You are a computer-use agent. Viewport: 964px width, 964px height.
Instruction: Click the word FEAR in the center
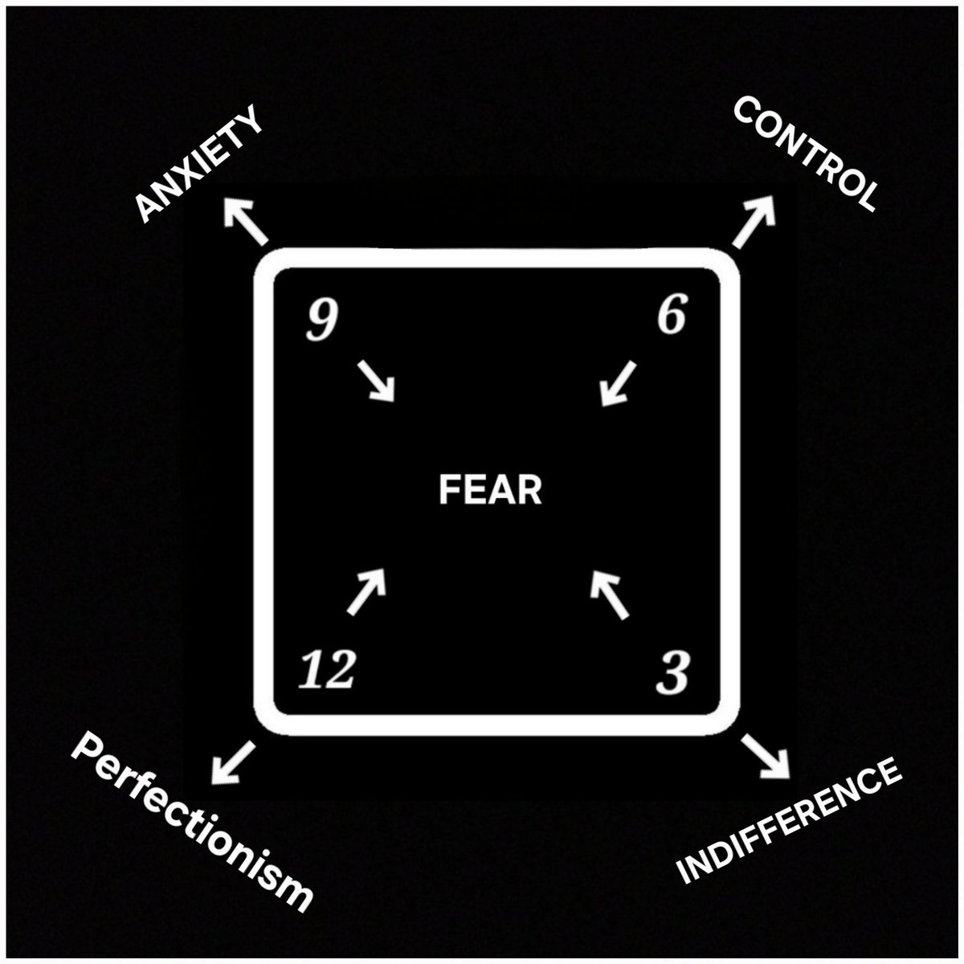pos(490,489)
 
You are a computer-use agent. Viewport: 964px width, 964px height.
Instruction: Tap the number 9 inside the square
pos(316,321)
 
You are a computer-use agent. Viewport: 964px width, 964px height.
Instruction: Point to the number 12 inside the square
pos(326,671)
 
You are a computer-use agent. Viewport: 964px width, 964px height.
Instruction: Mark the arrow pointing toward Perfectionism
pos(232,762)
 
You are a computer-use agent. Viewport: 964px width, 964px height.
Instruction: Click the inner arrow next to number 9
pos(376,381)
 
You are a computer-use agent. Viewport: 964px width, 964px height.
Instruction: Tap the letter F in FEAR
pos(447,489)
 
